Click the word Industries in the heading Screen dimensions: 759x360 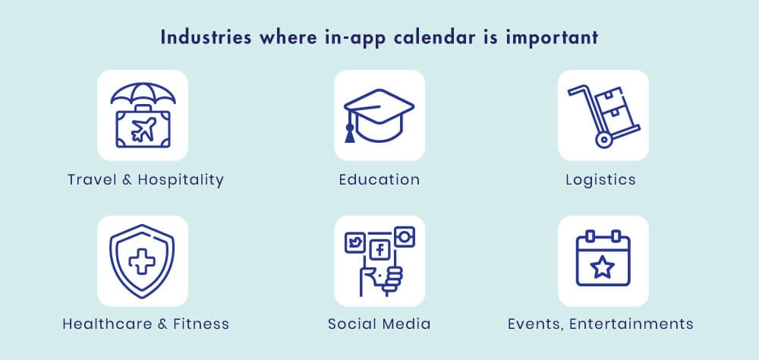[x=206, y=38]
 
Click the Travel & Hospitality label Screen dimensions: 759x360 [x=146, y=180]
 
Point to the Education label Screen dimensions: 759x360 [x=379, y=180]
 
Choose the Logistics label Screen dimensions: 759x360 [x=600, y=180]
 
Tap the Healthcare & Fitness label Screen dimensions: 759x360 [x=146, y=324]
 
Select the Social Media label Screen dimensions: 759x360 [x=379, y=324]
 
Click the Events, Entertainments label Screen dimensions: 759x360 [x=600, y=324]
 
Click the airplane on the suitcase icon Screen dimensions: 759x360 [x=143, y=129]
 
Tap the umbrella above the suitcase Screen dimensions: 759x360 [x=143, y=93]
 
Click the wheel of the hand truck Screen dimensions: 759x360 [x=603, y=140]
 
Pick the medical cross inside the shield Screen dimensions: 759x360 [x=142, y=261]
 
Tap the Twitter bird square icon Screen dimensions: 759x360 [x=354, y=242]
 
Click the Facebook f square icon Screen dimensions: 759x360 [x=380, y=250]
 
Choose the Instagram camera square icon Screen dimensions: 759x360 [x=405, y=236]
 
